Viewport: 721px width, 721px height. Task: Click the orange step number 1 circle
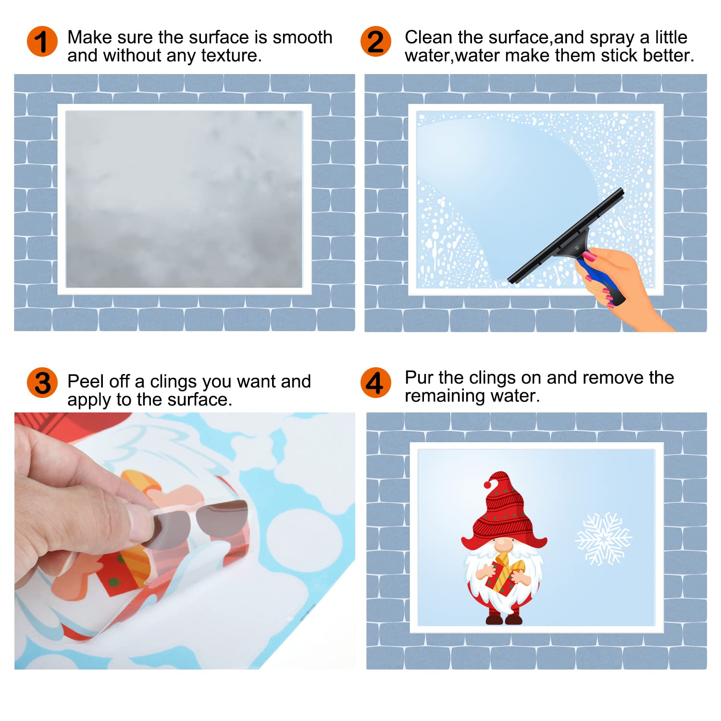tap(42, 41)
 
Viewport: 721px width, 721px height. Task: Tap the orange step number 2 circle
tap(375, 41)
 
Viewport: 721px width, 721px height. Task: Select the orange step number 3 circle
tap(42, 383)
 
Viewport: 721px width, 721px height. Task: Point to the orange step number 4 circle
tap(375, 383)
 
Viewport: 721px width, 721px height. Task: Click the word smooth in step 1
tap(302, 37)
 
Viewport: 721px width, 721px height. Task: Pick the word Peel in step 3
tap(85, 381)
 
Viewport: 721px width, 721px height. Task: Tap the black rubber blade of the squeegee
tap(566, 236)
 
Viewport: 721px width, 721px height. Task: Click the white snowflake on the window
tap(604, 539)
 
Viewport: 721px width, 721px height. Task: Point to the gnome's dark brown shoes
tap(504, 620)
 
